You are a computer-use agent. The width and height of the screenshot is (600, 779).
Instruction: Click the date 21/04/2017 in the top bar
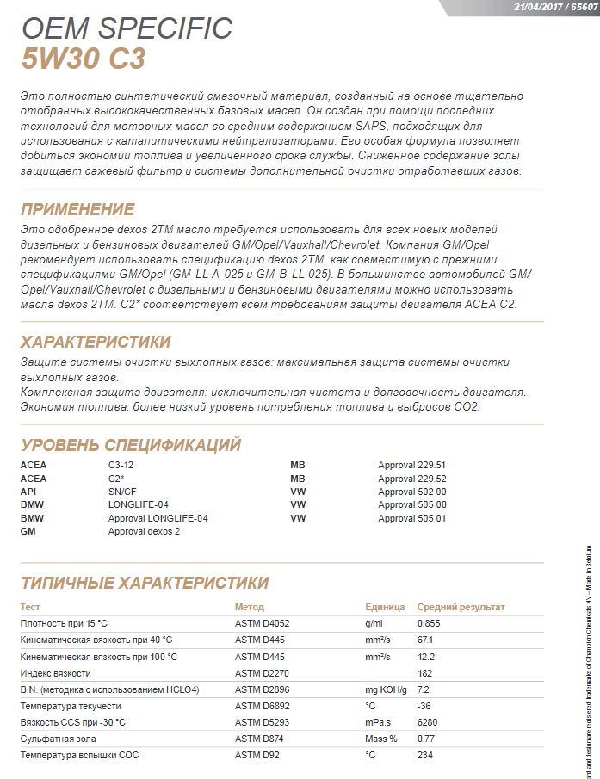(x=539, y=5)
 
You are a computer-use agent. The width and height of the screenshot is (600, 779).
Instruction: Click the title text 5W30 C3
(x=83, y=59)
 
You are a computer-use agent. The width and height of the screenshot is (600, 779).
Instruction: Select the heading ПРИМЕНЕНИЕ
(x=77, y=209)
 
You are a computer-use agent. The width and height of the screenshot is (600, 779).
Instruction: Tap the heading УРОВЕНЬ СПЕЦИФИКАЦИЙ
(x=130, y=445)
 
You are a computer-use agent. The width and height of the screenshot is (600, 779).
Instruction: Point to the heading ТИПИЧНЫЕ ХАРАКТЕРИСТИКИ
(x=145, y=583)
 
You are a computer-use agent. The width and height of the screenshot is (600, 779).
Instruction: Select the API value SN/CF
(x=121, y=492)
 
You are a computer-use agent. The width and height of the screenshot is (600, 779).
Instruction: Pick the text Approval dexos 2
(x=144, y=532)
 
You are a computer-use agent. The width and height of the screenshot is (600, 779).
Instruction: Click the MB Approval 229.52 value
(x=411, y=479)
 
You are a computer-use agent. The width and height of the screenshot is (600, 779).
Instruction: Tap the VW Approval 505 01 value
(x=411, y=518)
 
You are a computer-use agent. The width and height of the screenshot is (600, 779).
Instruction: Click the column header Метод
(x=249, y=607)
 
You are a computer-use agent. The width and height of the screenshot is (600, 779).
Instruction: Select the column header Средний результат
(x=461, y=607)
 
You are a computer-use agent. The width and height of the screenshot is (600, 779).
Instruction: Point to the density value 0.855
(x=429, y=622)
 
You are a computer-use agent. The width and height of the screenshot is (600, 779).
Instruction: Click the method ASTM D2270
(x=261, y=673)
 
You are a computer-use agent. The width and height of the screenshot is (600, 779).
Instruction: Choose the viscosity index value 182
(x=424, y=673)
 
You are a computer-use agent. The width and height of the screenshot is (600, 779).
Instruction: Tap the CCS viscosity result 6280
(x=427, y=722)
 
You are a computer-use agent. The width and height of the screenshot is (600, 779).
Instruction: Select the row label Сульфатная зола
(x=58, y=739)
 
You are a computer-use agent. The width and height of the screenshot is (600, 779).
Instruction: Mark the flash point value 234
(x=424, y=755)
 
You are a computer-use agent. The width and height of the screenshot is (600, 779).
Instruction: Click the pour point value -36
(x=424, y=706)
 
